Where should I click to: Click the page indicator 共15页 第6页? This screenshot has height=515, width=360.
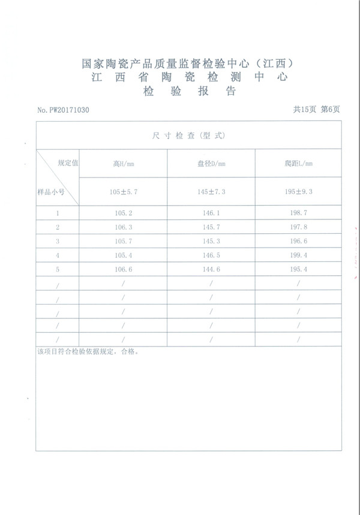pyautogui.click(x=316, y=110)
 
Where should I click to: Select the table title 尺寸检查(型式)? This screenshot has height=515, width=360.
pyautogui.click(x=188, y=136)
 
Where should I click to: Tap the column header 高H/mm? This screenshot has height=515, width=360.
pyautogui.click(x=122, y=163)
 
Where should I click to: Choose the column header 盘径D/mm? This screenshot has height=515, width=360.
pyautogui.click(x=211, y=163)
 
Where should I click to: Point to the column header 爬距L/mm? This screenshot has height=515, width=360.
pyautogui.click(x=298, y=163)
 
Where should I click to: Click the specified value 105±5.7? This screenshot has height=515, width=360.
pyautogui.click(x=122, y=191)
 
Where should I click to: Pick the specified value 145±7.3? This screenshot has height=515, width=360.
pyautogui.click(x=211, y=191)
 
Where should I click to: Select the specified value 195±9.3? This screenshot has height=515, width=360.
pyautogui.click(x=298, y=191)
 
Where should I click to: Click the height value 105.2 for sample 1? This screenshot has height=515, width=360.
pyautogui.click(x=122, y=213)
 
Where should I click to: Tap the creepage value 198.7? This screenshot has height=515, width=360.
pyautogui.click(x=298, y=213)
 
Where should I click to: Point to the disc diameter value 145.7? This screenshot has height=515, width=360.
pyautogui.click(x=211, y=227)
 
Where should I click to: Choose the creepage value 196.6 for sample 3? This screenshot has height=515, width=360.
pyautogui.click(x=298, y=241)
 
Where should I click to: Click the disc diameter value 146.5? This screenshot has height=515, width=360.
pyautogui.click(x=211, y=255)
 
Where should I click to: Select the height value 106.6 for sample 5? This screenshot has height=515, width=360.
pyautogui.click(x=122, y=269)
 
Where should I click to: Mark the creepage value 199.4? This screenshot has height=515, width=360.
pyautogui.click(x=298, y=255)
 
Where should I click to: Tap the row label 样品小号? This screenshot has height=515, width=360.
pyautogui.click(x=50, y=192)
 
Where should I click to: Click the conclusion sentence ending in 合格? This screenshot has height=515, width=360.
pyautogui.click(x=88, y=353)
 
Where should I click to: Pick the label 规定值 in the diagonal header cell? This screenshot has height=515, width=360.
pyautogui.click(x=68, y=162)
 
